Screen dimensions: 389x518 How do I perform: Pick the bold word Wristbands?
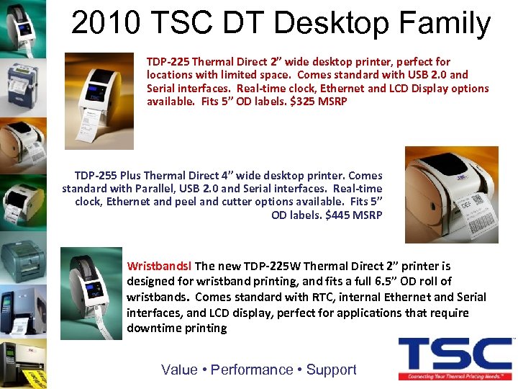tap(160, 266)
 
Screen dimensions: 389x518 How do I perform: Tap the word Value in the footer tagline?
tap(179, 370)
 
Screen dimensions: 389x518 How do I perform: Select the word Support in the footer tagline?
tap(331, 370)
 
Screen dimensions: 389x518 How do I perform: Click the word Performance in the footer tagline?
tap(252, 370)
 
